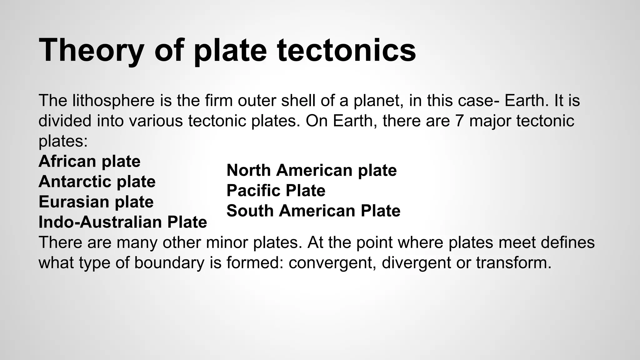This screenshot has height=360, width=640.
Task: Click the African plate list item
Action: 89,161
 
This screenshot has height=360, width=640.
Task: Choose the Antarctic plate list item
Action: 97,182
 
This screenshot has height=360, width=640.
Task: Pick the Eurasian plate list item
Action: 96,202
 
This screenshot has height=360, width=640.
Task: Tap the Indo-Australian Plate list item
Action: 122,222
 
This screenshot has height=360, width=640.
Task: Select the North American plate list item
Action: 311,170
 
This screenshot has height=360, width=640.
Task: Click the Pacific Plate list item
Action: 276,191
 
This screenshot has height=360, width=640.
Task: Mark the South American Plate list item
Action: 313,211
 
